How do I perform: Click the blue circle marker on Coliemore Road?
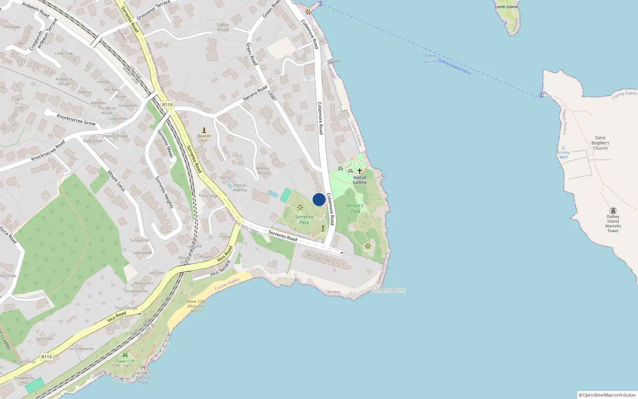pos(319,199)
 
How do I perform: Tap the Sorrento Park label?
pos(304,220)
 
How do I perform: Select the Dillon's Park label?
pos(355,208)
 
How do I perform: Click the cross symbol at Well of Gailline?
pos(359,171)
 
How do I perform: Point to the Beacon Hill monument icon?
pos(204,130)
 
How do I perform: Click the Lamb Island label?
pos(506,7)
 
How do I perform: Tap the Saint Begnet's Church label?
pos(600,143)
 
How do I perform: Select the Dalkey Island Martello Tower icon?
pos(613,211)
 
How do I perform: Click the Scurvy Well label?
pos(563,155)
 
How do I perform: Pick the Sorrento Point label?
pos(388,290)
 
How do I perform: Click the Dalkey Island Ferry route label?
pos(455,67)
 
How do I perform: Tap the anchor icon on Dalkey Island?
pos(541,95)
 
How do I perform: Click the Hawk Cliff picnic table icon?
pos(125,355)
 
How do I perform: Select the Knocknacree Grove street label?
pos(76,119)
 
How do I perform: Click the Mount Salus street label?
pos(116,181)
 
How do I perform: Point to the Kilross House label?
pos(263,171)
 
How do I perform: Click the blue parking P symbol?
pos(308,79)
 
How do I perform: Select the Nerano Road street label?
pos(255,93)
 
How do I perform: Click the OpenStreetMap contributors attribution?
pos(607,395)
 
